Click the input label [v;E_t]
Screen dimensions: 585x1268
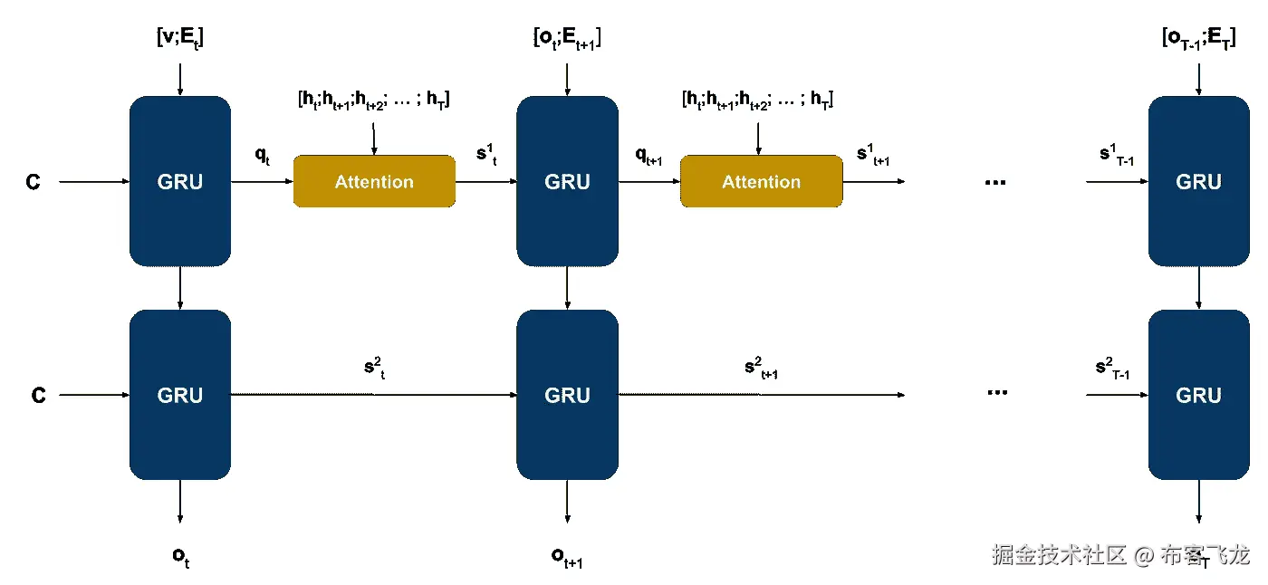181,40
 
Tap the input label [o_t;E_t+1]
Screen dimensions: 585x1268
567,40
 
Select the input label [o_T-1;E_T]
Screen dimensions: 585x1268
1198,40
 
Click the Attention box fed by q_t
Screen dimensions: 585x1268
374,181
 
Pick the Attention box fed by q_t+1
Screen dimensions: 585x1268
761,181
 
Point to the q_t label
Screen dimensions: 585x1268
263,155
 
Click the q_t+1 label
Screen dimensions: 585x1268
648,157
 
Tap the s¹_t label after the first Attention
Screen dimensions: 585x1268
487,155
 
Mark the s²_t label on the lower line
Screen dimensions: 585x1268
374,369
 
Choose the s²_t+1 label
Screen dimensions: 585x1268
762,369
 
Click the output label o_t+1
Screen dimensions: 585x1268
567,557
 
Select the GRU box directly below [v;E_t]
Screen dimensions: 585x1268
180,181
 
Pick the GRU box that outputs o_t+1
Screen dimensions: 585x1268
567,395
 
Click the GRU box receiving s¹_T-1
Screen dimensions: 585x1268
1198,181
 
